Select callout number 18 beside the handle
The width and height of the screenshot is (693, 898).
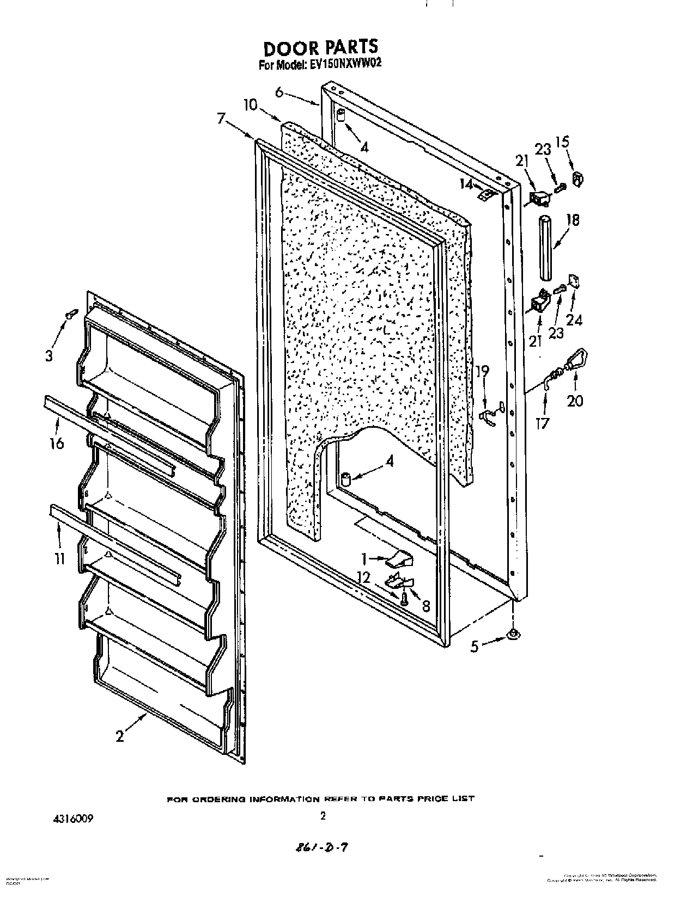pos(573,220)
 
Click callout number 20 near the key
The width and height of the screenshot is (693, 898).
pos(575,401)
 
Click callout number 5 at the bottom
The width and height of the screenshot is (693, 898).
pos(475,647)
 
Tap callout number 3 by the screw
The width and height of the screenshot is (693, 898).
pos(50,356)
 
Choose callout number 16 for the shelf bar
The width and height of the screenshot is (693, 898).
pos(56,443)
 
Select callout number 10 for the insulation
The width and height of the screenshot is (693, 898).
pos(250,104)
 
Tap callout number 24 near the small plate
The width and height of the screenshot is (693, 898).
pos(574,320)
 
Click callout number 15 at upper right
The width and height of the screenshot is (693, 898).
pos(562,143)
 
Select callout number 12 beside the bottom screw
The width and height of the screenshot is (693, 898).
pos(363,578)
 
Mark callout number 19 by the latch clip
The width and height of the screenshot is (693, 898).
pos(482,372)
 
